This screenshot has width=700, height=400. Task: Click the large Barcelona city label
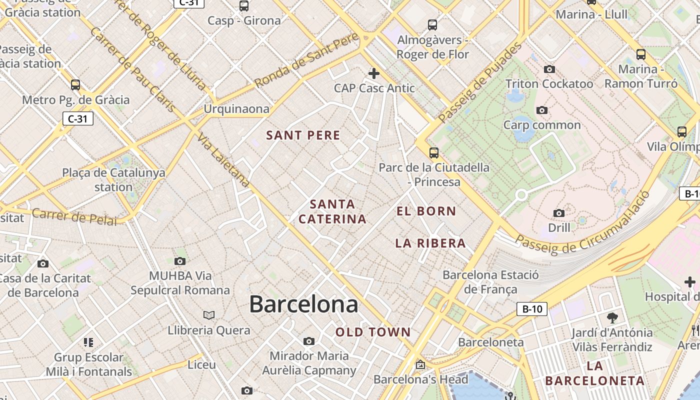pyautogui.click(x=303, y=304)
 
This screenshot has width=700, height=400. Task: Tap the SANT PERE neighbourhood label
pyautogui.click(x=303, y=135)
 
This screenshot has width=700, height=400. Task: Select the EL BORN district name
pyautogui.click(x=426, y=211)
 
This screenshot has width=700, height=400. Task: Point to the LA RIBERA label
pyautogui.click(x=430, y=243)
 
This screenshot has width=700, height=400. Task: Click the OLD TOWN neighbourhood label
pyautogui.click(x=373, y=332)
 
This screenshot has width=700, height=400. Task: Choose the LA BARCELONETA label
pyautogui.click(x=594, y=373)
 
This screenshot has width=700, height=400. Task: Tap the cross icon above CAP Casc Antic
pyautogui.click(x=373, y=74)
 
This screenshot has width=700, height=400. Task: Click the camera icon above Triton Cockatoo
pyautogui.click(x=549, y=69)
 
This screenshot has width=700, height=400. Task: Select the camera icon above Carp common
pyautogui.click(x=541, y=110)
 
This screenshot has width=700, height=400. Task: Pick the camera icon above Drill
pyautogui.click(x=559, y=213)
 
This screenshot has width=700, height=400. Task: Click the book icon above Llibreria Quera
pyautogui.click(x=209, y=315)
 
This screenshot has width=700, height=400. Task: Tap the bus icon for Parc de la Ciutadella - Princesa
pyautogui.click(x=433, y=152)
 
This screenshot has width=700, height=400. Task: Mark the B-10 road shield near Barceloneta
pyautogui.click(x=532, y=309)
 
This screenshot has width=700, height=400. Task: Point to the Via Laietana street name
pyautogui.click(x=223, y=160)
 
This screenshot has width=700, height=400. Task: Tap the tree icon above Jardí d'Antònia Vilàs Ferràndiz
pyautogui.click(x=612, y=317)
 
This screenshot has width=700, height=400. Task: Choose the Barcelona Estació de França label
pyautogui.click(x=490, y=282)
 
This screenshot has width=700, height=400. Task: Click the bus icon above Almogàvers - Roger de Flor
pyautogui.click(x=432, y=25)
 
